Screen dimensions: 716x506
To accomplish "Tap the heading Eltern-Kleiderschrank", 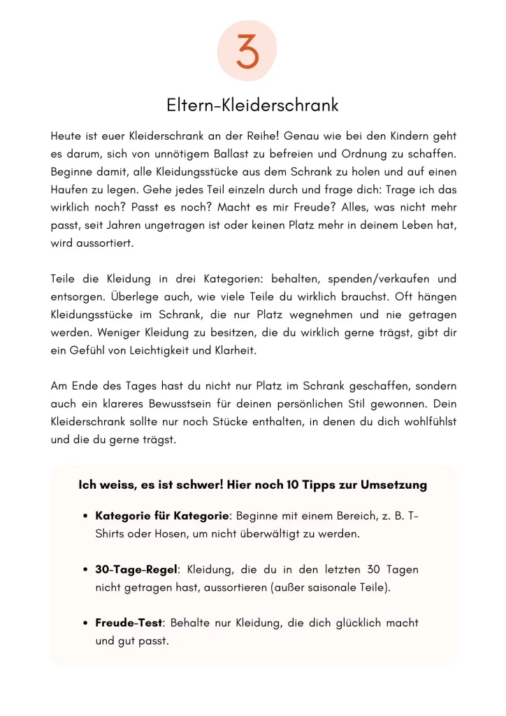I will [252, 106].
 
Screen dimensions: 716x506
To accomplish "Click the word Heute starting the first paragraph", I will [66, 136].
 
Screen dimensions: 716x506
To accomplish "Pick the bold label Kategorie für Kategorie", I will [162, 516].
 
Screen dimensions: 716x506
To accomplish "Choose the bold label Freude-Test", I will [129, 622].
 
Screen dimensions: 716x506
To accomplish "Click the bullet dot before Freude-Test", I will [85, 623].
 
